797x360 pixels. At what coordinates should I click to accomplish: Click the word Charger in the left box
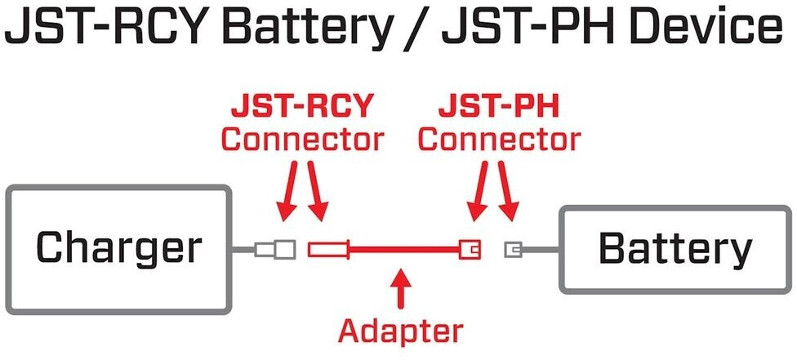pyautogui.click(x=118, y=247)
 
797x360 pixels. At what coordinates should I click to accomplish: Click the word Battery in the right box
pyautogui.click(x=675, y=248)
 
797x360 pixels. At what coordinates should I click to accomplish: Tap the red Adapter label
pyautogui.click(x=400, y=331)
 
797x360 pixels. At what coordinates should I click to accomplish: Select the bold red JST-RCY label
pyautogui.click(x=301, y=106)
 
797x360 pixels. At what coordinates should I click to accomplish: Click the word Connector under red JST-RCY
pyautogui.click(x=301, y=139)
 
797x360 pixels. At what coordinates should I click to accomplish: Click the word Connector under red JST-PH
pyautogui.click(x=499, y=139)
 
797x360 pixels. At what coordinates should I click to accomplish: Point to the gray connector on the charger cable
pyautogui.click(x=275, y=247)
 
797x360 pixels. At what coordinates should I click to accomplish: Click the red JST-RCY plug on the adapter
pyautogui.click(x=328, y=248)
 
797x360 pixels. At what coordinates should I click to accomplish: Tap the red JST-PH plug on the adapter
pyautogui.click(x=470, y=247)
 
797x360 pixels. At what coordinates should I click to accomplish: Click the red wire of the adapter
pyautogui.click(x=404, y=248)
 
